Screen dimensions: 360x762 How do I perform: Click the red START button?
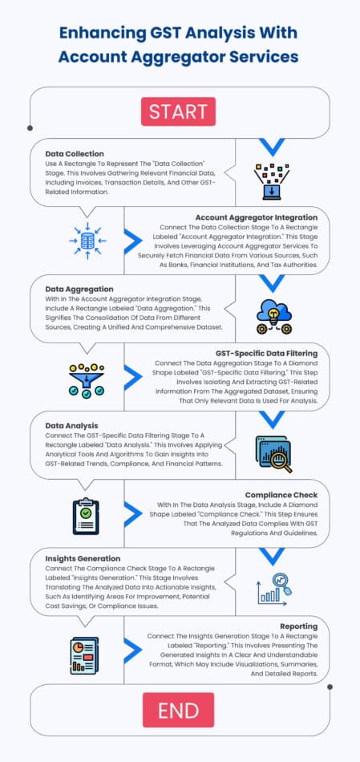tap(178, 111)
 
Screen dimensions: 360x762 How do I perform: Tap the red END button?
tap(178, 710)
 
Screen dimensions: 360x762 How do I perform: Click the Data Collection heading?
tap(75, 154)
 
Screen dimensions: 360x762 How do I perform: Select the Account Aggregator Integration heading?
tap(257, 217)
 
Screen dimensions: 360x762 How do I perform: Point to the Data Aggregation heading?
tap(79, 289)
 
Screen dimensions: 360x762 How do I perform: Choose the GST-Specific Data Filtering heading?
tap(267, 353)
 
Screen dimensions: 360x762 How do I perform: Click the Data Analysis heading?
tap(71, 426)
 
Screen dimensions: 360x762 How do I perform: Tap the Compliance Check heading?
tap(281, 495)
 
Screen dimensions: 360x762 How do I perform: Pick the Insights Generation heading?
tap(83, 558)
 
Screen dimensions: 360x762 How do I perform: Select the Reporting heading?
tap(299, 626)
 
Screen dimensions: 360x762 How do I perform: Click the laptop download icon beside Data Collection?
tap(272, 181)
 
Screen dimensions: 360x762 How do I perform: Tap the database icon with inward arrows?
tap(87, 241)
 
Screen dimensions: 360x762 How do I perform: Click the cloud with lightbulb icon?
tap(274, 317)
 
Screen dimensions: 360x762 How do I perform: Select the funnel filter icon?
tap(87, 381)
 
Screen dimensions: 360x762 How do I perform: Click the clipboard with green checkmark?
tap(86, 517)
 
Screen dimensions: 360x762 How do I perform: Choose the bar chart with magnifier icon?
tap(274, 588)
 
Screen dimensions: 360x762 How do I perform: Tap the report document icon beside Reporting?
tap(84, 655)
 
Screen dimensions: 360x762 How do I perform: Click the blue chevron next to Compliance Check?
tap(132, 514)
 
